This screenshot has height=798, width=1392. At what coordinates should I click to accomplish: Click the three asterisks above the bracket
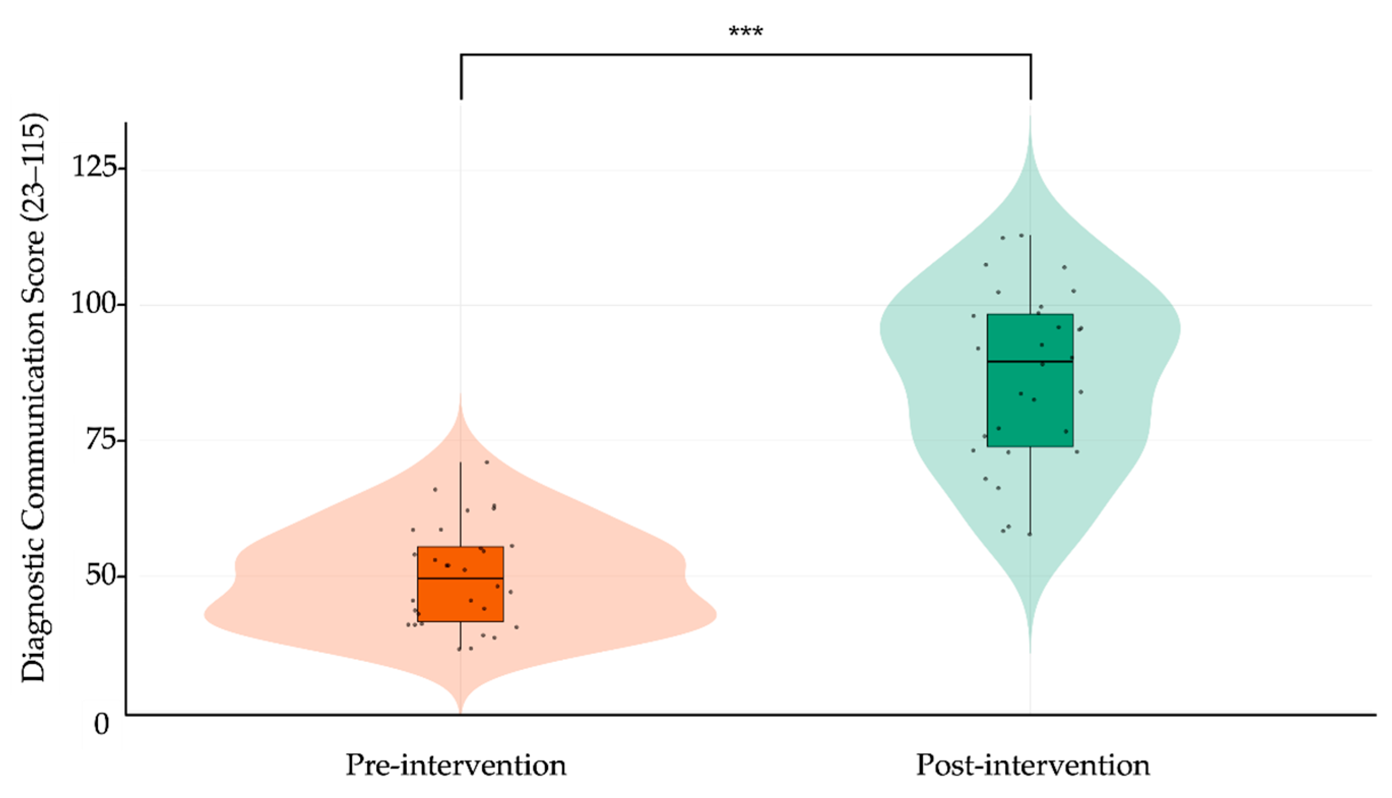click(x=745, y=31)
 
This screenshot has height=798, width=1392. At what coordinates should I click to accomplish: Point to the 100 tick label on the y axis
click(x=95, y=303)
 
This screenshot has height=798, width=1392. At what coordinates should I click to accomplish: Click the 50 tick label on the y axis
click(x=102, y=576)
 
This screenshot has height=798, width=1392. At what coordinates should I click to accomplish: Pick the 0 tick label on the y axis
click(x=102, y=725)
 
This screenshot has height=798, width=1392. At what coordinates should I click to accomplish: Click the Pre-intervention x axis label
click(x=455, y=765)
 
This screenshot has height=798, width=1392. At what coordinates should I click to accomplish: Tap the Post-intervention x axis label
click(x=1032, y=765)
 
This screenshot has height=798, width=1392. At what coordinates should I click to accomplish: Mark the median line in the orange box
click(x=460, y=578)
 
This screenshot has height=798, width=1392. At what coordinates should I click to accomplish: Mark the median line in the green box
click(x=1030, y=362)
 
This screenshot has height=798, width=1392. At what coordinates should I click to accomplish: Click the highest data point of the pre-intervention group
click(x=487, y=462)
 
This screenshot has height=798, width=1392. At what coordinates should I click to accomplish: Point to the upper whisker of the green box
click(x=1030, y=274)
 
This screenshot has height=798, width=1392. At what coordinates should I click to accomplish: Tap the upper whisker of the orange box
click(x=460, y=504)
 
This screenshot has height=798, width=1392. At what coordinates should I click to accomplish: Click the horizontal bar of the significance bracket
click(x=745, y=54)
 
